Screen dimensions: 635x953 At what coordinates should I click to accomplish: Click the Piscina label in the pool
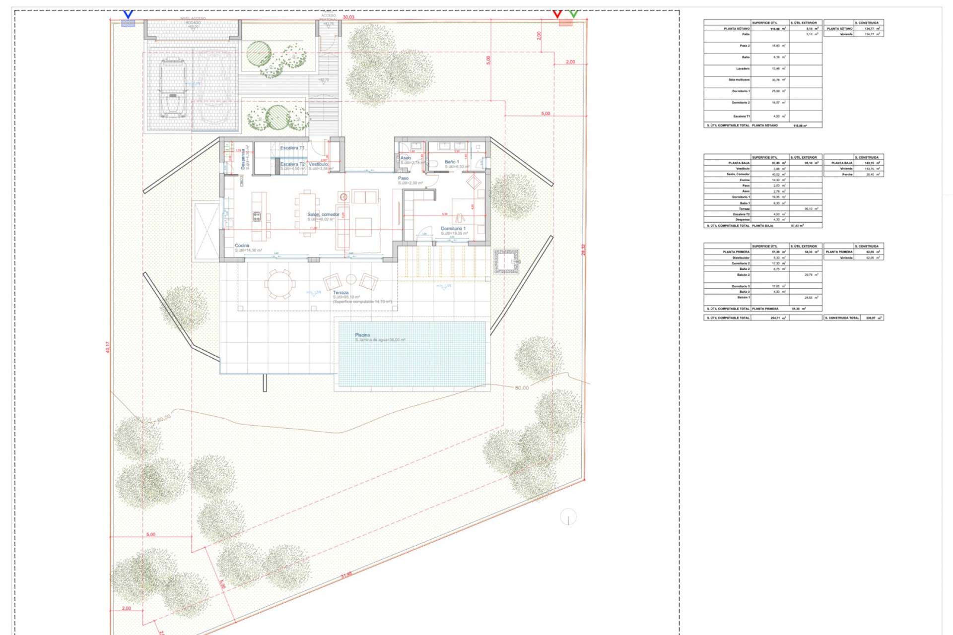pos(362,335)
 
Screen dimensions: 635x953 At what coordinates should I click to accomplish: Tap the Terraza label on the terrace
pos(340,293)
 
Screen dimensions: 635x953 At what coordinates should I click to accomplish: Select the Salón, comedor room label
pos(323,215)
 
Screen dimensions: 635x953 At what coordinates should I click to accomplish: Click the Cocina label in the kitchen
pos(242,246)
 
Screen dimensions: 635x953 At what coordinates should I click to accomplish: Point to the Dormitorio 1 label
pos(453,229)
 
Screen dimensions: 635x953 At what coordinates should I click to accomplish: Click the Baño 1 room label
pos(452,162)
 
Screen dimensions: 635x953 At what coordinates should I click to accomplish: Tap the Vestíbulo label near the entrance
pos(318,164)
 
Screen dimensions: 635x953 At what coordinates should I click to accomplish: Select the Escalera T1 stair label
pos(292,148)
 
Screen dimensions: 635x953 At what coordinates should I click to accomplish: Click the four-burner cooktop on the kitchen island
pos(257,216)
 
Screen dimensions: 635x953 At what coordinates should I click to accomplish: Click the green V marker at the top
pos(574,14)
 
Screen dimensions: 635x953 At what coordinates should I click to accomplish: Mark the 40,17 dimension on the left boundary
pos(108,347)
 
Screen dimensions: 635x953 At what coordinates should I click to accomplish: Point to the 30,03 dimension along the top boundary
pos(348,17)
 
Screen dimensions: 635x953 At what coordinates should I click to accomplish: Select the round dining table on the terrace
pos(280,284)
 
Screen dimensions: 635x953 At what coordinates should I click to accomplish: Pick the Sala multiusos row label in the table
pos(739,80)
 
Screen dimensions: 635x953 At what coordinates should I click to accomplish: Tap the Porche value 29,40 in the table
pos(870,175)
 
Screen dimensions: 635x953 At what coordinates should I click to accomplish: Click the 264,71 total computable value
pos(775,317)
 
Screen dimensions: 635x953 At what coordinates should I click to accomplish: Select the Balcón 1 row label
pos(743,298)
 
